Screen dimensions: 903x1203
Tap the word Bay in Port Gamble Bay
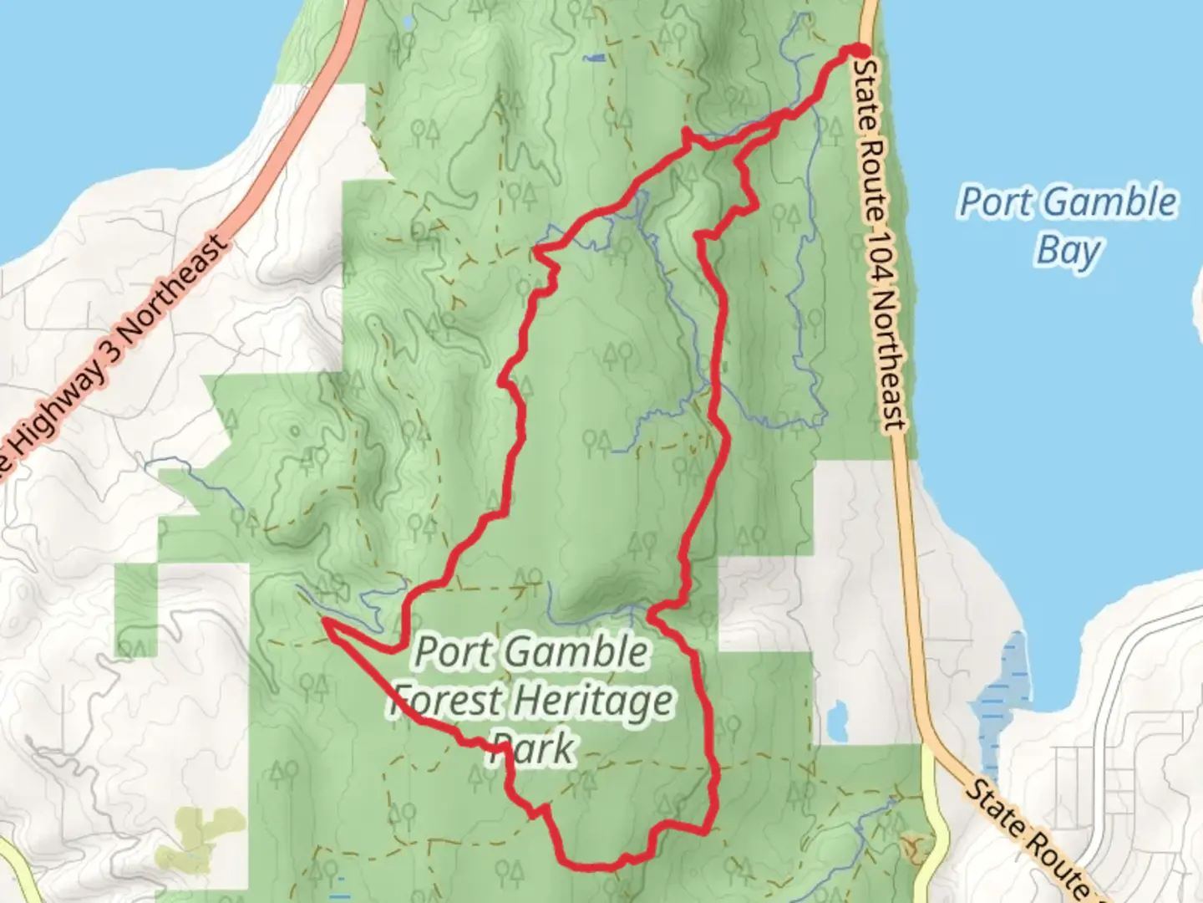pyautogui.click(x=1068, y=250)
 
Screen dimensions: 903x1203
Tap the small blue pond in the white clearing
pyautogui.click(x=835, y=721)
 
